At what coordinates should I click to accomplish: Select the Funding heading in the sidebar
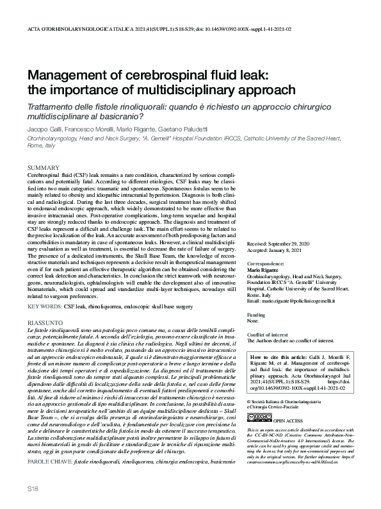point(255,315)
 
